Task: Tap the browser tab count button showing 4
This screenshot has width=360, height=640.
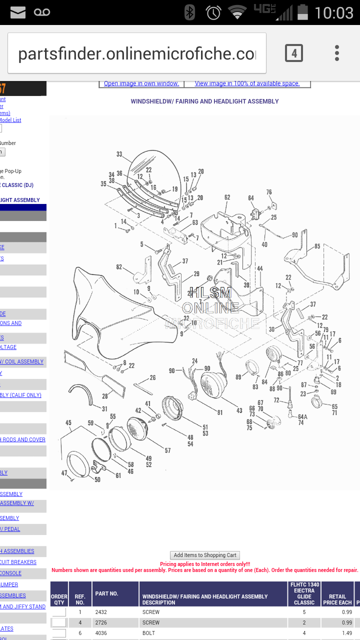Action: coord(294,53)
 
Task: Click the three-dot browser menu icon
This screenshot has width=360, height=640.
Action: coord(337,53)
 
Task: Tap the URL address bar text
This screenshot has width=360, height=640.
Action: coord(136,54)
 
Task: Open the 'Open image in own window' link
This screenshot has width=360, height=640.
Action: coord(141,83)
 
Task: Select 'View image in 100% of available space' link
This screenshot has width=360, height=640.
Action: coord(247,83)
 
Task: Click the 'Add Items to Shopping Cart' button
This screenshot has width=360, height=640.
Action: coord(205,555)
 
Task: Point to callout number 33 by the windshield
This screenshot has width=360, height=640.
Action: coord(119,154)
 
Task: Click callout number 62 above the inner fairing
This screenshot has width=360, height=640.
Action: coord(227,197)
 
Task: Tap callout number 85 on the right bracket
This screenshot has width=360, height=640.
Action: coord(317,246)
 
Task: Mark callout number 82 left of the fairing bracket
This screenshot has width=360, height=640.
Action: coord(119,267)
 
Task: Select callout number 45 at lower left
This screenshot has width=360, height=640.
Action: coord(68,422)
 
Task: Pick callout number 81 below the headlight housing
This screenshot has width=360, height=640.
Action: coord(220,412)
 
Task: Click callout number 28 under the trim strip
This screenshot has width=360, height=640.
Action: coord(105,396)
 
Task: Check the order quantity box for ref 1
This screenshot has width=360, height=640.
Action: coord(59,612)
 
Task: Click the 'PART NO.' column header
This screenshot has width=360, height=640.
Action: coord(106,593)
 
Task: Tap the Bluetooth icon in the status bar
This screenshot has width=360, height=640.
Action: coord(189,12)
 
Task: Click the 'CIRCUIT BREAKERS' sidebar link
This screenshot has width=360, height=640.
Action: coord(18,562)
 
